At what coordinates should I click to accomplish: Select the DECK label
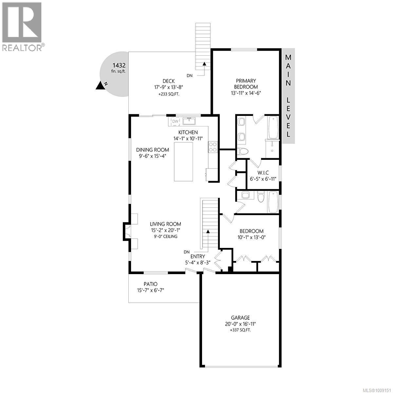tap(168, 81)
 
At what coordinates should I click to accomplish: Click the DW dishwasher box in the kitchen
tap(176, 122)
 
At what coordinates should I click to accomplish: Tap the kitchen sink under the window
tap(189, 121)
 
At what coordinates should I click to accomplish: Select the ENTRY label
tap(198, 256)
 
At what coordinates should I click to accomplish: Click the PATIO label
tap(150, 284)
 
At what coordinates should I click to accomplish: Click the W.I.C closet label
tap(263, 173)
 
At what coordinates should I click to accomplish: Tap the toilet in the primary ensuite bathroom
tap(243, 151)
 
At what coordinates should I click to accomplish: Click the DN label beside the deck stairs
tap(190, 76)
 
